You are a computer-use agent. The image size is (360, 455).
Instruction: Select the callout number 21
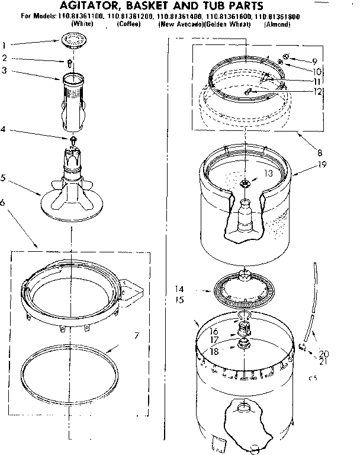pos(324,361)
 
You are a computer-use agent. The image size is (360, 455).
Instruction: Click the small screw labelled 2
pos(70,61)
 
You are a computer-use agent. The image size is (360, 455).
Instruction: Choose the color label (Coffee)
pos(128,25)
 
